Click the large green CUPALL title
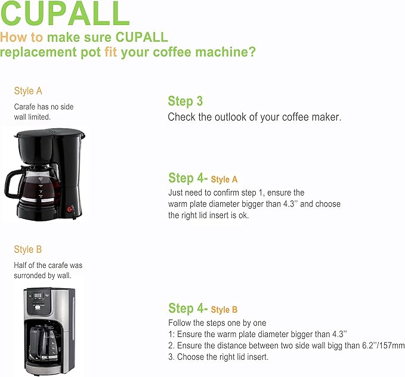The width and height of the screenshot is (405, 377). pos(64,13)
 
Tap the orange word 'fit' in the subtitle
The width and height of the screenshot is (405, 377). pos(111,52)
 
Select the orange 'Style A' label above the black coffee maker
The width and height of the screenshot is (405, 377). pos(28,91)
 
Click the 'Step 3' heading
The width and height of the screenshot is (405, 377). pos(185,101)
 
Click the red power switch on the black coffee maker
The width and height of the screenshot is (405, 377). pos(70,209)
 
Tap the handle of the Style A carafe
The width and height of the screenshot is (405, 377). pos(11,183)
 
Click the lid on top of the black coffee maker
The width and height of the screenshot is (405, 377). pos(51,134)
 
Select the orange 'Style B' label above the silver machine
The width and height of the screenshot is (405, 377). pos(27,249)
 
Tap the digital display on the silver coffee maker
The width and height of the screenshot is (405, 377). pos(38,296)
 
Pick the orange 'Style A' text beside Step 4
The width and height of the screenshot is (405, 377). pos(224,180)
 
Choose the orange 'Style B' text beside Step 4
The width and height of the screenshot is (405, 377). pos(224,310)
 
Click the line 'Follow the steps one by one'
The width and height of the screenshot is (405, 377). pos(217,323)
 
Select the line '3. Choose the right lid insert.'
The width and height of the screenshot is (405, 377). pos(218,357)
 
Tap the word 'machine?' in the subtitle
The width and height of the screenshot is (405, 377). pos(225,52)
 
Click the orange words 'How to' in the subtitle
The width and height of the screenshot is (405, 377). pos(21,37)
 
